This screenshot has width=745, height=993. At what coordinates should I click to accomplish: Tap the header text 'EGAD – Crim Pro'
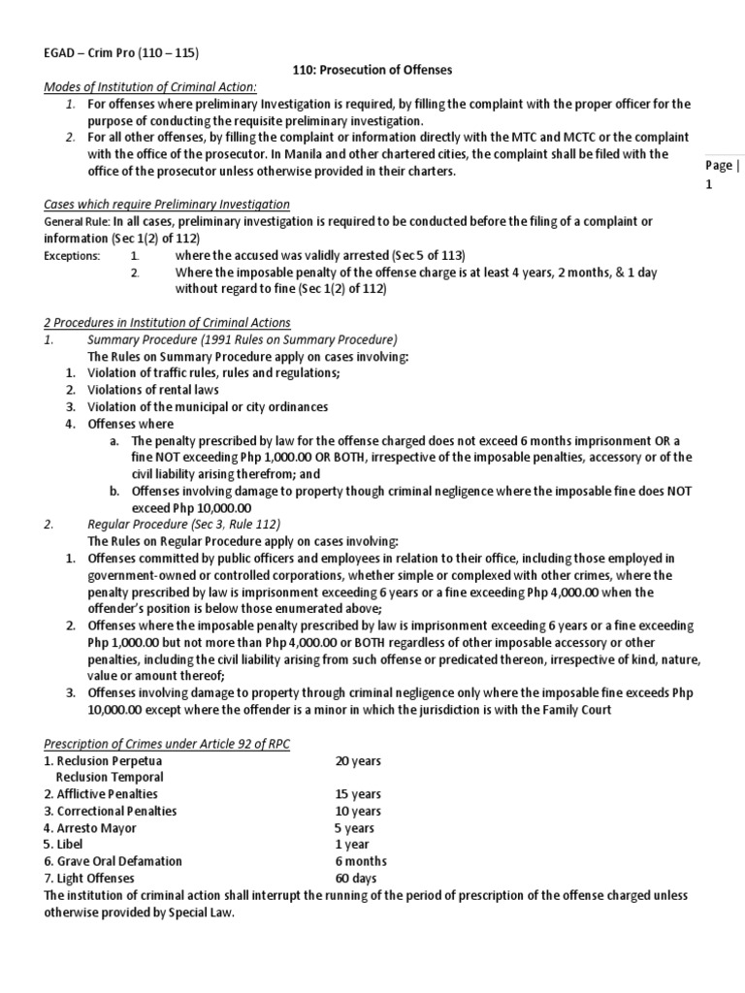(99, 52)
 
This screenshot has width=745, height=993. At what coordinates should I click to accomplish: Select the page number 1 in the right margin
(709, 184)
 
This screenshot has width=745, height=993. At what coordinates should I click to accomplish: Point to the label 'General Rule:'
(78, 222)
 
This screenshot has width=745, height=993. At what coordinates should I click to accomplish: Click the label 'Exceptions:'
(72, 256)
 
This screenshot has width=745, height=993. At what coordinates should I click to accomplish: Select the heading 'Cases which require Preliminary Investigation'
(167, 205)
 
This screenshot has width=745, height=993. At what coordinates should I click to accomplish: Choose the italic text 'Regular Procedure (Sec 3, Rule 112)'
(184, 524)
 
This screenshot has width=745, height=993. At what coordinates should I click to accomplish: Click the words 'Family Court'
(579, 709)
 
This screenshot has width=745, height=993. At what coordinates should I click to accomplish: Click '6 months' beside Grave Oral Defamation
(361, 861)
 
